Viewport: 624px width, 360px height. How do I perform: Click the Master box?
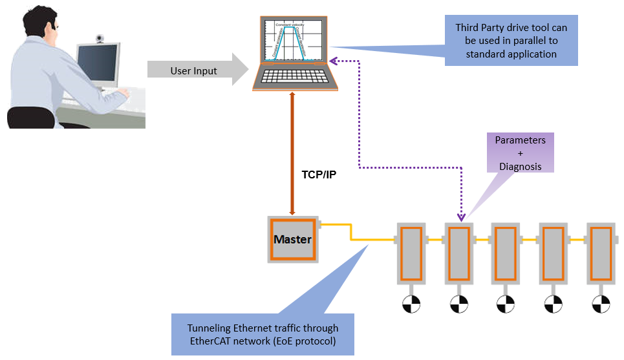pos(292,239)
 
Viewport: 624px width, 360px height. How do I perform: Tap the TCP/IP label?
pos(319,175)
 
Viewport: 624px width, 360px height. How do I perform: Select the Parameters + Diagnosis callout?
pos(520,153)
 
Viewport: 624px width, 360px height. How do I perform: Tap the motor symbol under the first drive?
pos(411,304)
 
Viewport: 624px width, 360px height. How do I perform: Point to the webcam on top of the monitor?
pos(100,39)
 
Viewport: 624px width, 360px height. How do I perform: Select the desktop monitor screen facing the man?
pos(98,66)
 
